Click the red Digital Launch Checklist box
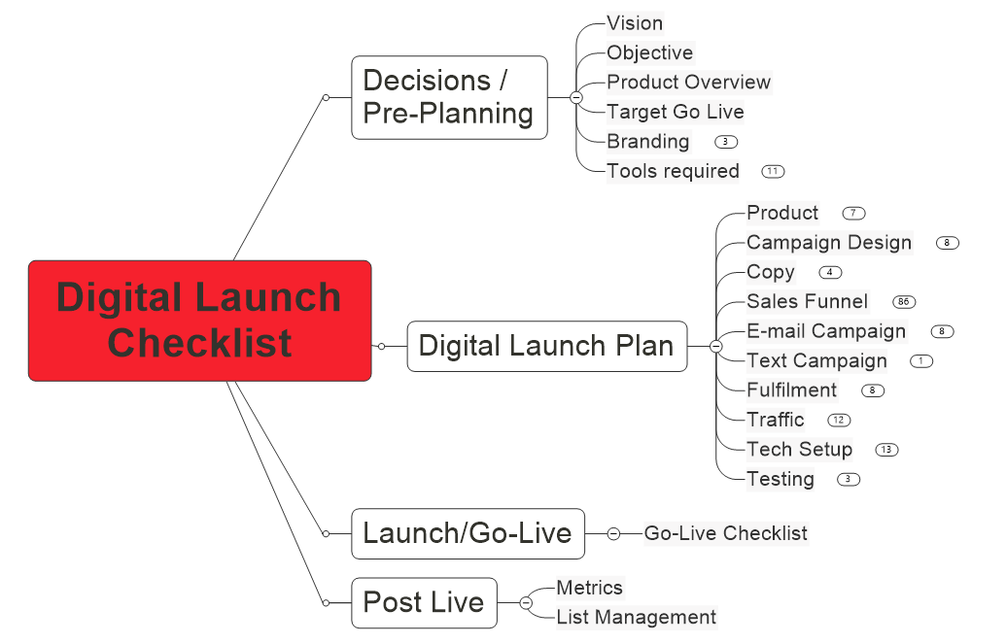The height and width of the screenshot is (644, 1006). (x=199, y=321)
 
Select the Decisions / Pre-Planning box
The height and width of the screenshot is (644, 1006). (x=449, y=97)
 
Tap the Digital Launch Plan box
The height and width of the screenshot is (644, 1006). (x=546, y=347)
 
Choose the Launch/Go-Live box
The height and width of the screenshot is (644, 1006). (x=468, y=533)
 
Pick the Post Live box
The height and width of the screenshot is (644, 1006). (x=424, y=603)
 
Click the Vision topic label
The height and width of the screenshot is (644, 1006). (x=635, y=23)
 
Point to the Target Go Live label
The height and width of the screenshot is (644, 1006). (x=675, y=112)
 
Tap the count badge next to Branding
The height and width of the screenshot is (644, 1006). (x=726, y=142)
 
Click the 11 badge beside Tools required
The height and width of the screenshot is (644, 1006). (x=773, y=171)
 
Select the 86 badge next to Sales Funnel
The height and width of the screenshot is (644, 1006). (x=904, y=301)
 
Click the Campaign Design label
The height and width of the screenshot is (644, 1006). (x=829, y=243)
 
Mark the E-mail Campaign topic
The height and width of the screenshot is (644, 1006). (x=826, y=331)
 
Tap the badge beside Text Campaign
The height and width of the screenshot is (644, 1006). (x=921, y=361)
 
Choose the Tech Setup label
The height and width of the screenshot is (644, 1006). (x=799, y=449)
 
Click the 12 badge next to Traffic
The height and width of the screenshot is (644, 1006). (x=839, y=421)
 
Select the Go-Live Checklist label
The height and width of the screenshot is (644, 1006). (x=726, y=533)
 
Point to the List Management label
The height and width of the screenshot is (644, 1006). (x=636, y=617)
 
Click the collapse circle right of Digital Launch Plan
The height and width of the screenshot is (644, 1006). (x=716, y=347)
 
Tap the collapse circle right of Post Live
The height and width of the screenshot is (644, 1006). (x=526, y=603)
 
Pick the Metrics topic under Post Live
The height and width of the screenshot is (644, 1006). (x=589, y=588)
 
